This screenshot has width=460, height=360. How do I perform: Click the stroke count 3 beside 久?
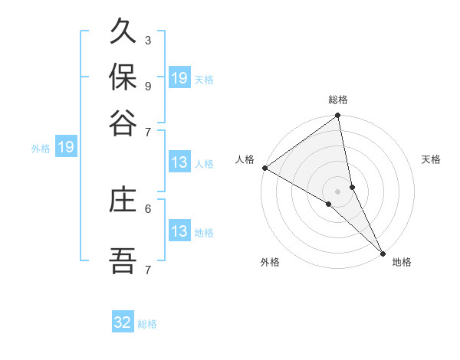point(147,40)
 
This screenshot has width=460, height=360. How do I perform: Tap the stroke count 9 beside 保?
point(147,86)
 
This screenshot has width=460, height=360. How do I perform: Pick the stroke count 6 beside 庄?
point(147,208)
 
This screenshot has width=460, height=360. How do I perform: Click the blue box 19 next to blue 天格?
point(179,78)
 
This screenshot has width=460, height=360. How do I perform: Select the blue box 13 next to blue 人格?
point(179,162)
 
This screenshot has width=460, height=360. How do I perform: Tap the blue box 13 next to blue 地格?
point(179,231)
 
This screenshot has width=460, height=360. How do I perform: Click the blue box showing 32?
point(123,322)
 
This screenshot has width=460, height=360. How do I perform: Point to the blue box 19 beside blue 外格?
point(66,147)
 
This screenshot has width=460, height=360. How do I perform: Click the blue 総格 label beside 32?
point(147,324)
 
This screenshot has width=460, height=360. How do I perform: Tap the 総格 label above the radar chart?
point(338,100)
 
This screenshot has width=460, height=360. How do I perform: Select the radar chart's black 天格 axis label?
point(431,159)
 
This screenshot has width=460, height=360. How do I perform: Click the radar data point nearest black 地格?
point(383,252)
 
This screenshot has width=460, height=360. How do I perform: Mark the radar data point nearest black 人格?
point(264,168)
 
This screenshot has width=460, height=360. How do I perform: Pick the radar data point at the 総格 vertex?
point(338,116)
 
